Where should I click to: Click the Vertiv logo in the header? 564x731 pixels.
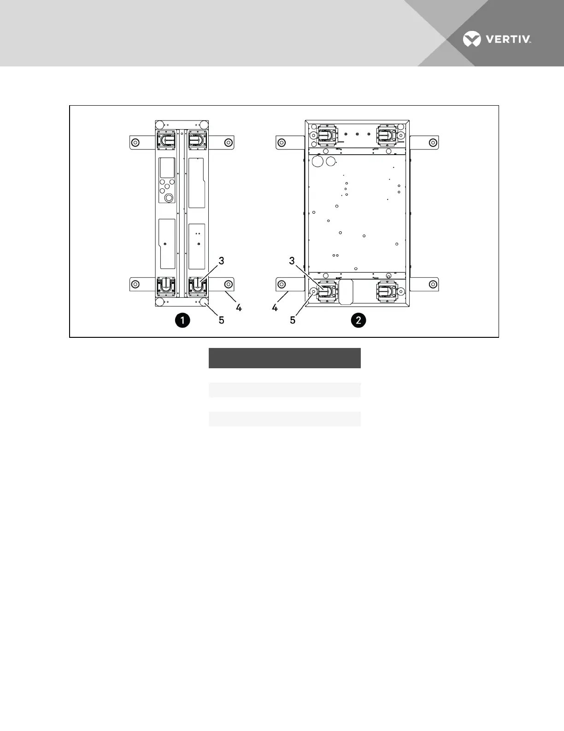click(x=497, y=40)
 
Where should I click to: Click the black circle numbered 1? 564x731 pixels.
click(x=183, y=320)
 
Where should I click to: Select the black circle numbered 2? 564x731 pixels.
click(x=358, y=320)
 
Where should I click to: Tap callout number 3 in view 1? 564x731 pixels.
click(x=221, y=261)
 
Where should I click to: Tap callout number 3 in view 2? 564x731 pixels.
click(x=292, y=261)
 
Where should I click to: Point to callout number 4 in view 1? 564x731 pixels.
click(x=239, y=307)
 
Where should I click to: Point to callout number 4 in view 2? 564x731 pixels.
click(x=275, y=307)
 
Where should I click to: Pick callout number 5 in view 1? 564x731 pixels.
click(x=221, y=320)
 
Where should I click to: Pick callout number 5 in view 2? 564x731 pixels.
click(x=293, y=320)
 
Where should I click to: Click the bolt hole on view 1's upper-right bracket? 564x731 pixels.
click(x=228, y=142)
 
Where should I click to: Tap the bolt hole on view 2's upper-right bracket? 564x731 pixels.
click(x=432, y=142)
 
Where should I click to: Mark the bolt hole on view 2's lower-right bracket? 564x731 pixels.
click(x=432, y=284)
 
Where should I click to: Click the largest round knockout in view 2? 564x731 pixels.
click(x=318, y=161)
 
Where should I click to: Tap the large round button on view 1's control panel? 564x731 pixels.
click(x=169, y=198)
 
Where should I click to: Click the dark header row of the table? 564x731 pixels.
click(x=284, y=358)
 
